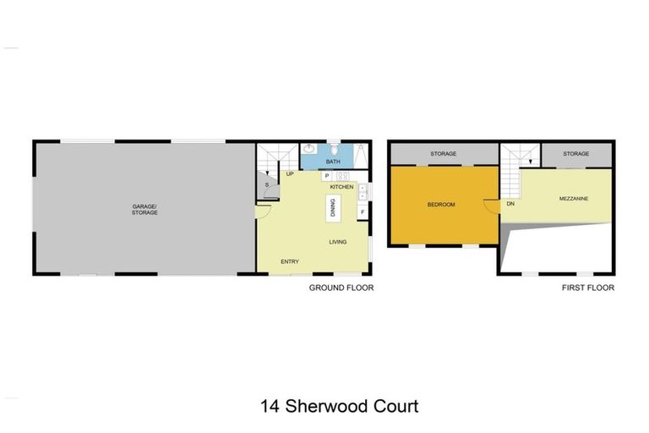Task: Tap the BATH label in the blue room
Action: pos(333,162)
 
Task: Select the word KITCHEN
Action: pos(341,186)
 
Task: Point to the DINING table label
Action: pos(334,207)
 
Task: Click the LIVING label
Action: pos(338,242)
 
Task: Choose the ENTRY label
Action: pos(290,262)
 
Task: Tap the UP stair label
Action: pos(289,174)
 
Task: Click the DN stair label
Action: pos(510,205)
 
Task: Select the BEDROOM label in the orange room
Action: pos(441,205)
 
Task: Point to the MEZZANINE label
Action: pos(574,200)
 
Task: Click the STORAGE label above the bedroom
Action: pos(444,154)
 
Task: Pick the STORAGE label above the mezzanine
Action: pos(575,154)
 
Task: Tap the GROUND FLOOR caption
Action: pos(341,288)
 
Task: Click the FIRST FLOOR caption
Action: pos(588,288)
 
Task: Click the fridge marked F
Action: pos(363,211)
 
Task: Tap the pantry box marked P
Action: pos(326,176)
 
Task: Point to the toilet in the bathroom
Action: pos(334,147)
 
